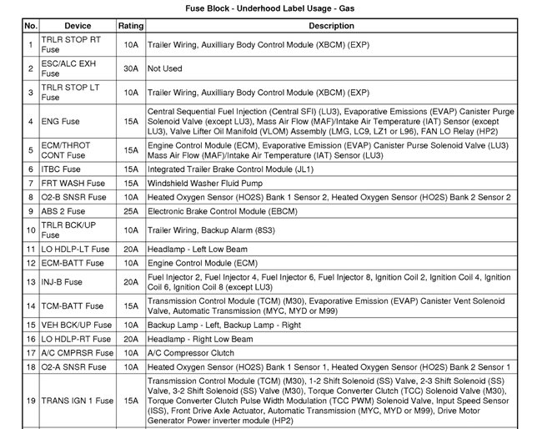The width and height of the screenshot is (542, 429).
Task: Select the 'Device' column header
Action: coord(78,26)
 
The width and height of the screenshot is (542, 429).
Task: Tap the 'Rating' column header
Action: coord(130,26)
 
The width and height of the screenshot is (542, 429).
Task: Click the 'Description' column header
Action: coord(331,26)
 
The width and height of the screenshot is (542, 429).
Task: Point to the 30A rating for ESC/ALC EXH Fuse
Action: coord(130,68)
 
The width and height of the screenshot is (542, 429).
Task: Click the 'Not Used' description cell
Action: coord(164,68)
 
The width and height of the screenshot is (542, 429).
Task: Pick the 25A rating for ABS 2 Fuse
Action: coord(130,211)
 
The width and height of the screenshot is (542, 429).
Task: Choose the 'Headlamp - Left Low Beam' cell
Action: coord(196,249)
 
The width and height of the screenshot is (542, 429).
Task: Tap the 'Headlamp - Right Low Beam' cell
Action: coord(199,339)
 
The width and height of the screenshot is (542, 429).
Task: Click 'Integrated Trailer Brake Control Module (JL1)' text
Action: coord(230,169)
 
